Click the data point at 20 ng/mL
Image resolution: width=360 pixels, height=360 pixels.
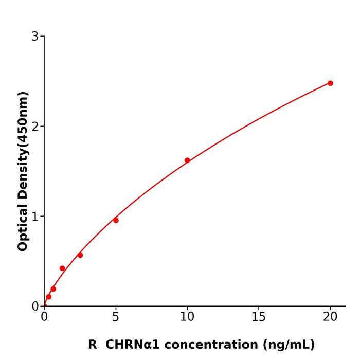click(330, 83)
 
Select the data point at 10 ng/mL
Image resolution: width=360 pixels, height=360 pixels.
click(187, 160)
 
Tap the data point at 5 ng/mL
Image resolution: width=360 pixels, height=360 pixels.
click(116, 220)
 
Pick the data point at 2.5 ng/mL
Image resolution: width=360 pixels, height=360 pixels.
click(80, 255)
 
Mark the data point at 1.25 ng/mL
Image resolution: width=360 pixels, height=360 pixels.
click(62, 268)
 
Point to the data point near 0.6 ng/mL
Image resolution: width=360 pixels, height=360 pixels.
click(53, 289)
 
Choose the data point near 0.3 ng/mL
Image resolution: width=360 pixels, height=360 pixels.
click(48, 297)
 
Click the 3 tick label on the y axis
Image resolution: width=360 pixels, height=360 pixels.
click(35, 37)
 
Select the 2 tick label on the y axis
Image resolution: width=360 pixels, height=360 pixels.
click(35, 127)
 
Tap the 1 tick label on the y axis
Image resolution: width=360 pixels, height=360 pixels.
click(35, 217)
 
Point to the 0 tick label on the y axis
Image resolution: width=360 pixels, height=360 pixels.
click(35, 307)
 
